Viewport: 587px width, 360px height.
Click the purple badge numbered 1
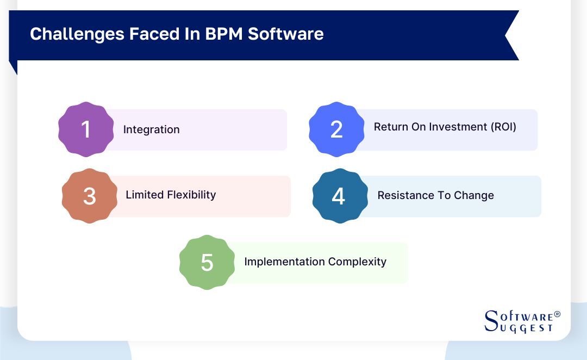point(86,129)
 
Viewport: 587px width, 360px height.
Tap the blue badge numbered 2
point(336,129)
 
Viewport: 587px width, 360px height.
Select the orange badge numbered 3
point(89,196)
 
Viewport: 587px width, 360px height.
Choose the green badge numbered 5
point(207,262)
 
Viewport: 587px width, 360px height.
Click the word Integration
point(151,130)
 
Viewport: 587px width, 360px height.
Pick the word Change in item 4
point(474,195)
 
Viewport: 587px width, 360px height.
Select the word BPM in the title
point(224,34)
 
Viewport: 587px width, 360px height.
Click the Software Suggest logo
point(521,321)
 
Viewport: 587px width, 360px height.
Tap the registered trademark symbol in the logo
point(557,314)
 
